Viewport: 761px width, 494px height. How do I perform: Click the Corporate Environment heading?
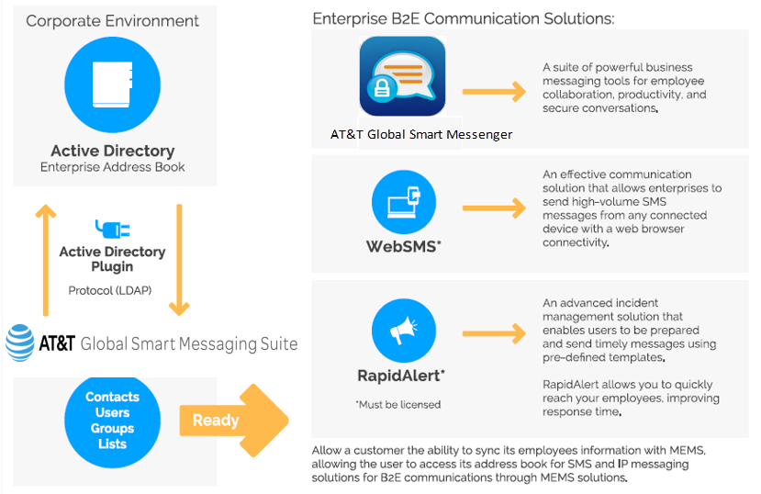(112, 20)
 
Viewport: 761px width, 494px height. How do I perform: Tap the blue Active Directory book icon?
(113, 86)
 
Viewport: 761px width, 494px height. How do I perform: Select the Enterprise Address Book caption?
(113, 167)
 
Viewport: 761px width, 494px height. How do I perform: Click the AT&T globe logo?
(20, 343)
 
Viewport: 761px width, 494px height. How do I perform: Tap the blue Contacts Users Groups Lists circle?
(112, 421)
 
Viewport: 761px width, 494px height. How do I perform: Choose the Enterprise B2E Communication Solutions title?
(464, 18)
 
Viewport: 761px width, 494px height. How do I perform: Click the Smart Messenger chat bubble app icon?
(402, 76)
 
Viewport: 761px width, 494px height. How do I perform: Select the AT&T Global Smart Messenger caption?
(421, 134)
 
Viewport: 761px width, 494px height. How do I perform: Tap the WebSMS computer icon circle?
(403, 204)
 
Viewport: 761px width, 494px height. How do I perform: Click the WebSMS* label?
(404, 247)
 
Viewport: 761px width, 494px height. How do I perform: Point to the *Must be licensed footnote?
(398, 404)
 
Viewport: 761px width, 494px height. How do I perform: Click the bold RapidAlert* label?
(402, 375)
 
